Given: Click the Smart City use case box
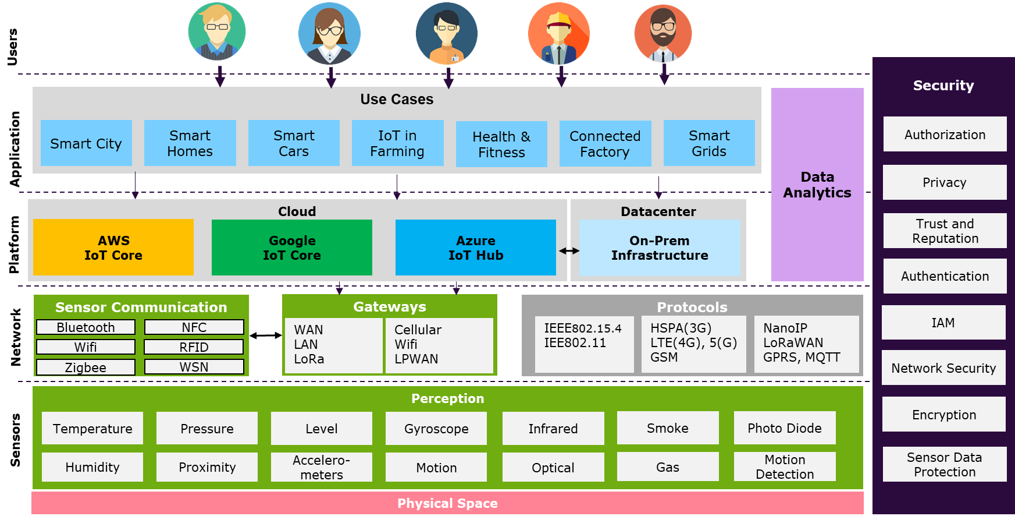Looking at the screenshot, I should point(86,143).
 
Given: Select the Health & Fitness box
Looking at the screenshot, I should point(501,144).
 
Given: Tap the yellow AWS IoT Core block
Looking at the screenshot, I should point(113,248).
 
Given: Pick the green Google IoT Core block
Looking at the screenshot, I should point(292,248).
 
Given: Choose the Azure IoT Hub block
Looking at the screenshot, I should point(476,248).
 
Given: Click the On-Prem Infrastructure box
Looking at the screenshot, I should point(660,248).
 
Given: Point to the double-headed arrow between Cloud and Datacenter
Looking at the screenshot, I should point(569,251).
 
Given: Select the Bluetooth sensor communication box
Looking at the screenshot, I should point(86,327).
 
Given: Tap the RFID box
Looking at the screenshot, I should point(194,347).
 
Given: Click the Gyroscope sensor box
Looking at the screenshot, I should point(436,429).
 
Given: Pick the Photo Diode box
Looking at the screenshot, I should point(785,428).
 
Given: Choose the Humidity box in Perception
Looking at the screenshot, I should point(92,467).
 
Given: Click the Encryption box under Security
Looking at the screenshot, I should point(944,415).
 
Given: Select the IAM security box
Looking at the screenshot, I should point(943,323).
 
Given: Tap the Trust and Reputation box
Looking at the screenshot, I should point(945,231).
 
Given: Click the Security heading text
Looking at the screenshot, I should point(943,86).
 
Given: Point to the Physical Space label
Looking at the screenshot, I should point(447,503).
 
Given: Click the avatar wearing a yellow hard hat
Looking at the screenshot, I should point(559,34).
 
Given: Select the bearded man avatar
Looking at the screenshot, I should point(663,34).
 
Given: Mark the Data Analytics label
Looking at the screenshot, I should point(817,185).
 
